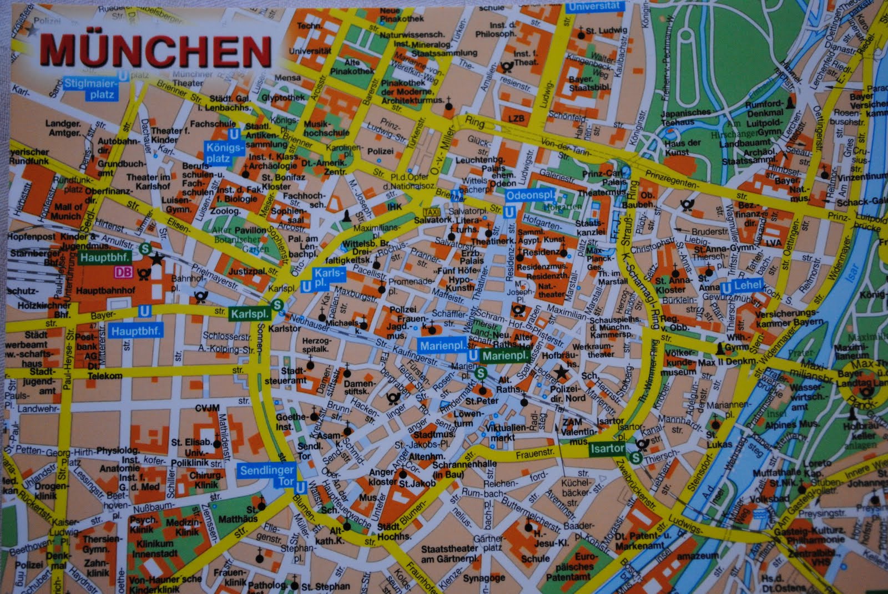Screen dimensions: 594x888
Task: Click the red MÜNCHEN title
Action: [x=155, y=52]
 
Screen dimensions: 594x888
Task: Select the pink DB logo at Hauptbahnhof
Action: [x=124, y=272]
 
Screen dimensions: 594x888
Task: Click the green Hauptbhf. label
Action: [x=104, y=258]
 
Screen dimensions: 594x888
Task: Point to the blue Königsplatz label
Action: [x=224, y=153]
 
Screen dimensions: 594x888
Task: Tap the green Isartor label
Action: [x=607, y=448]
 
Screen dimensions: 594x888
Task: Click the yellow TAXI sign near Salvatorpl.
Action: [x=431, y=212]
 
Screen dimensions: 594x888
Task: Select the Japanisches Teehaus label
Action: [x=685, y=117]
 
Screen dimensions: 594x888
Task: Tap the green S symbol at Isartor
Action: [x=636, y=458]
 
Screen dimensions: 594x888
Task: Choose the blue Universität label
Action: [x=593, y=7]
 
